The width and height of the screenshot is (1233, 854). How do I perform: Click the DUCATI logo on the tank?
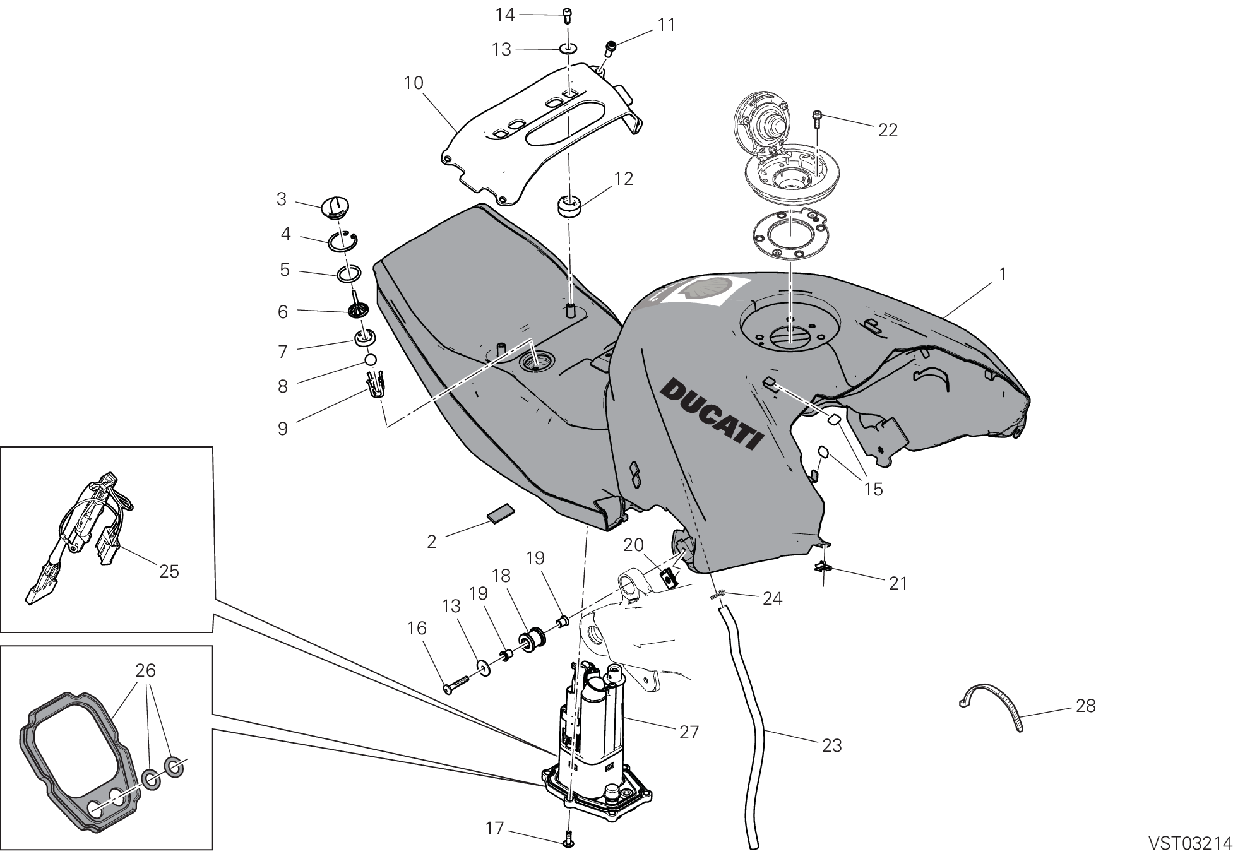click(x=710, y=413)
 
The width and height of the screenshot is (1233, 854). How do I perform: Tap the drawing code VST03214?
click(x=1189, y=843)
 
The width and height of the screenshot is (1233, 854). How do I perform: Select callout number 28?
click(x=1086, y=705)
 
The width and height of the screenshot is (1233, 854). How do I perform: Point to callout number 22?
click(x=888, y=130)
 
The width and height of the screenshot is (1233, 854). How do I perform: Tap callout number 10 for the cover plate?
click(x=414, y=83)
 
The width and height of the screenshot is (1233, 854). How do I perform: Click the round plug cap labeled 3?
click(x=335, y=208)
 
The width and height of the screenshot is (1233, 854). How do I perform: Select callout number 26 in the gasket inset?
click(x=146, y=670)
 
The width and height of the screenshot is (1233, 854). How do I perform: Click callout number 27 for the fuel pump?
click(x=689, y=732)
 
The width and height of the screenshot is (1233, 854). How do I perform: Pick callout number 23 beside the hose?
click(x=832, y=746)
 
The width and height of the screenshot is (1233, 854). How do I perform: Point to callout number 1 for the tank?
click(x=1003, y=275)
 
